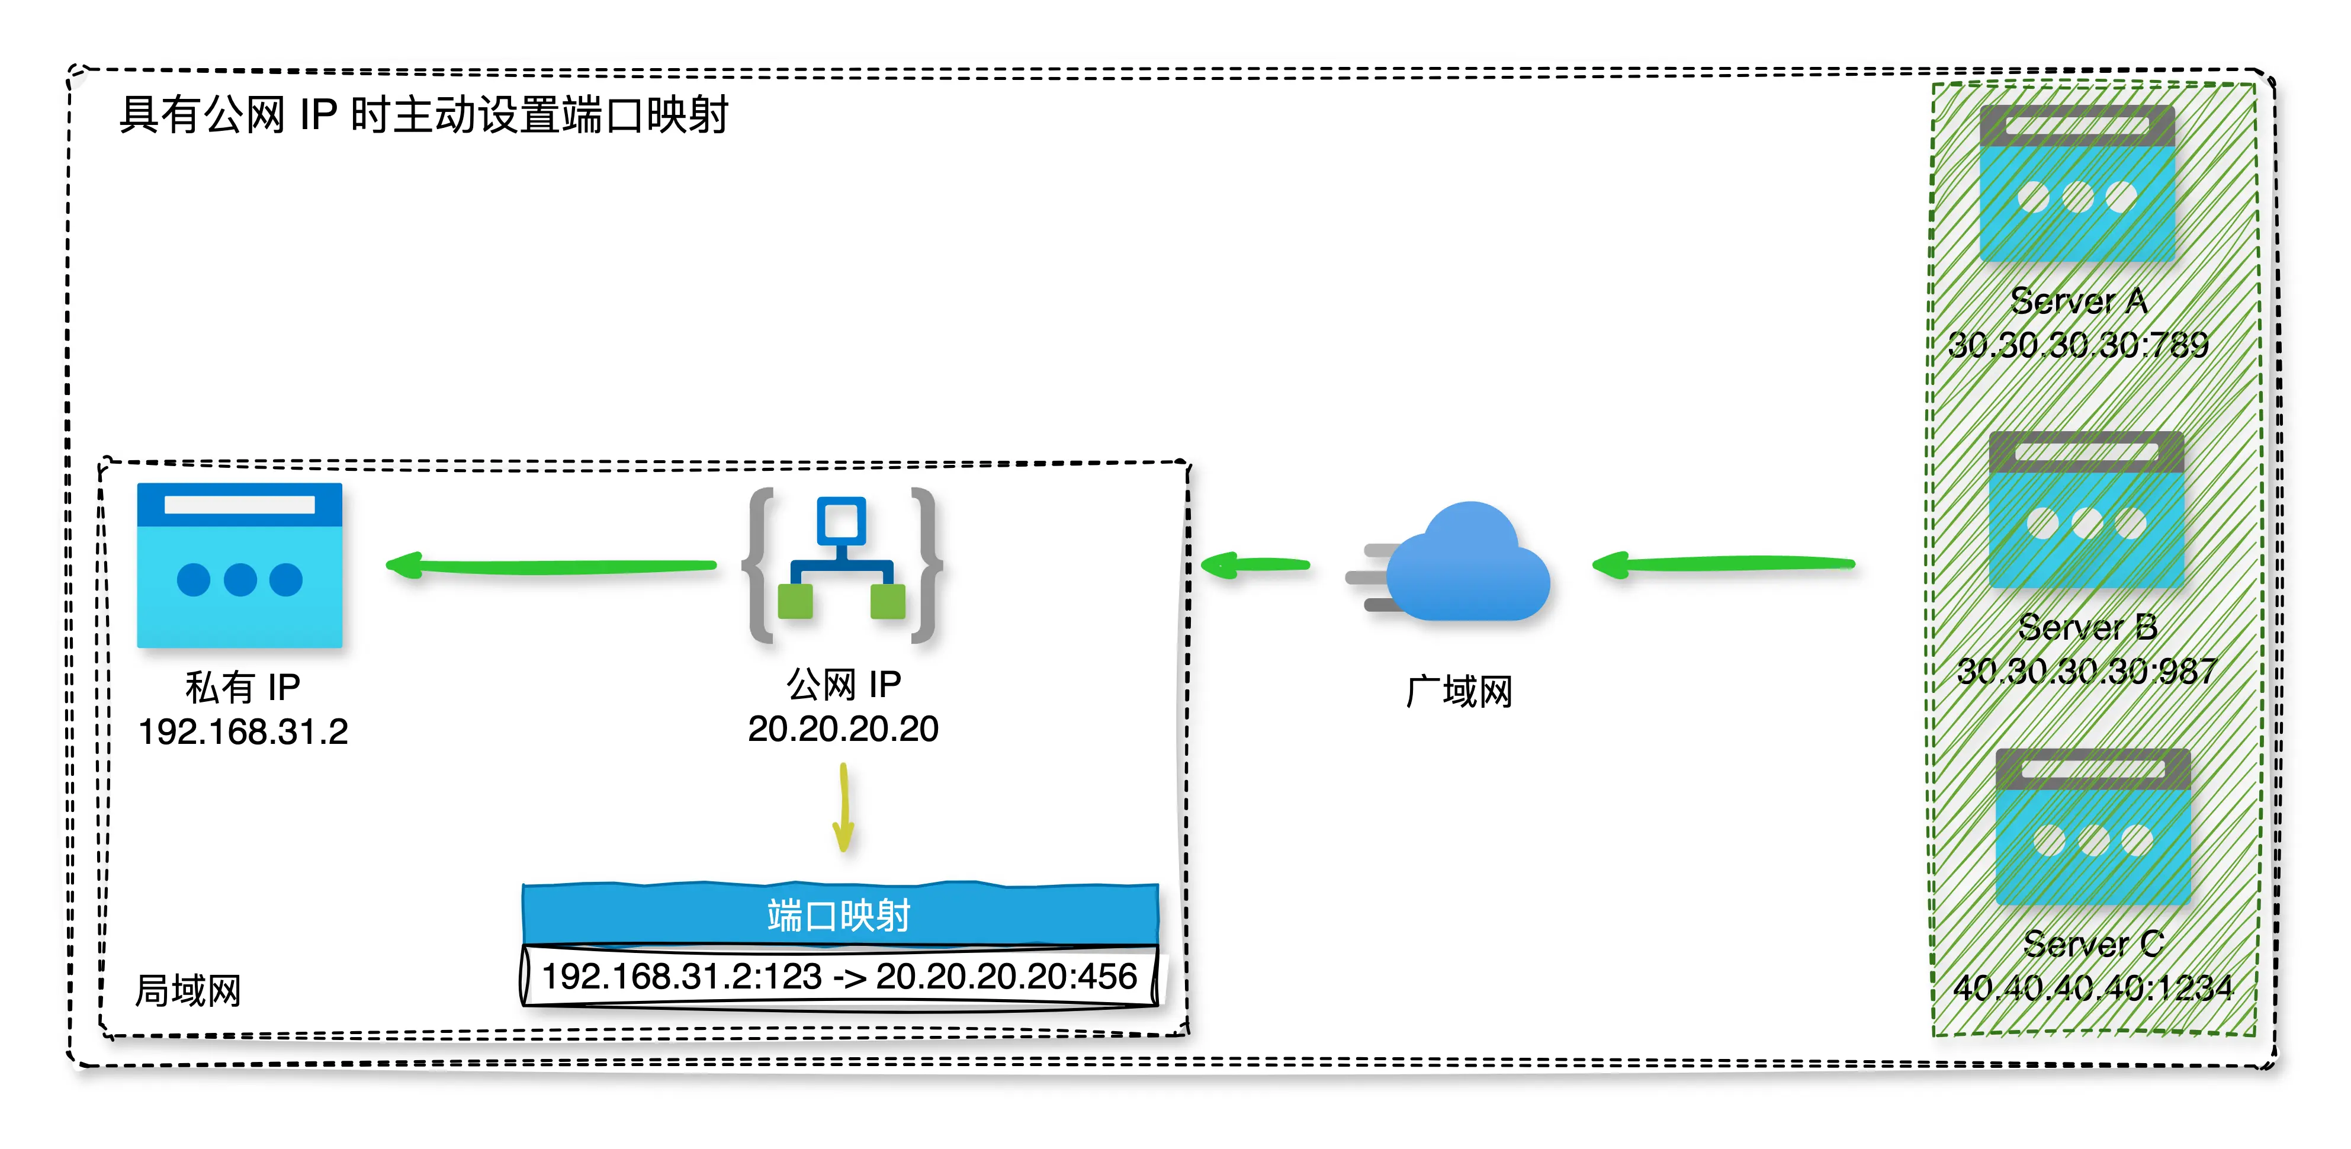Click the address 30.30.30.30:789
point(2078,345)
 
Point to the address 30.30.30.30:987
point(2086,672)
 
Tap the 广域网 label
point(1459,691)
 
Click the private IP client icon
point(239,565)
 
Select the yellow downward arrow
point(843,808)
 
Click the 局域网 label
point(188,991)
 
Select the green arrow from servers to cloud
point(1723,565)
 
